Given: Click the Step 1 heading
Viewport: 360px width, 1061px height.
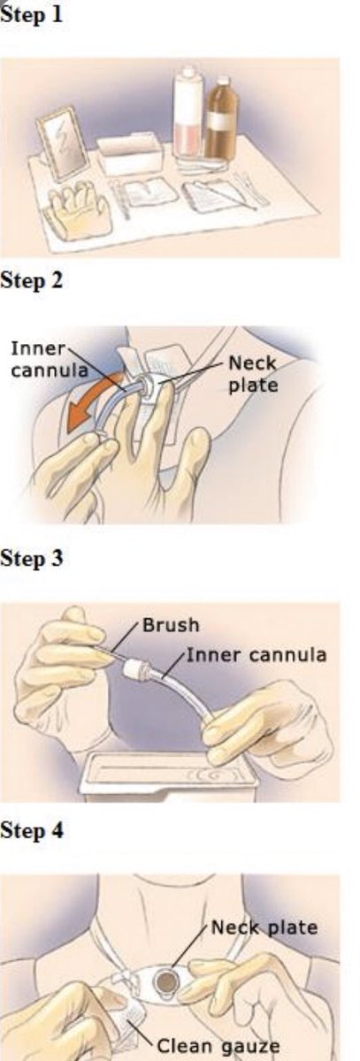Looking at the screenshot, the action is [31, 14].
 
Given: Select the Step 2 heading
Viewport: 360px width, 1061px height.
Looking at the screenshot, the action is [31, 280].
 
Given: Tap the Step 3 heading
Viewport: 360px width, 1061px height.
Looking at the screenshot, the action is [31, 558].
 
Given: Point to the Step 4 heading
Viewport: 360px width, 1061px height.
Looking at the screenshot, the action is [31, 830].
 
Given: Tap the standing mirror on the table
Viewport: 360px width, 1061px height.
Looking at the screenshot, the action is [63, 141].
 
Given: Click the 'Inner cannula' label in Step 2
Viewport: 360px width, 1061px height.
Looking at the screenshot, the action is [50, 360].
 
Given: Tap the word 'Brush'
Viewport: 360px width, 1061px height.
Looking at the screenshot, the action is [171, 626].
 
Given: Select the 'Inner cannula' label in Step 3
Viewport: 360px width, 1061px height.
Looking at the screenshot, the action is [257, 655].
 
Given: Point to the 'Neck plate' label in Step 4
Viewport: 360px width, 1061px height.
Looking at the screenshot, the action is [264, 927].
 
